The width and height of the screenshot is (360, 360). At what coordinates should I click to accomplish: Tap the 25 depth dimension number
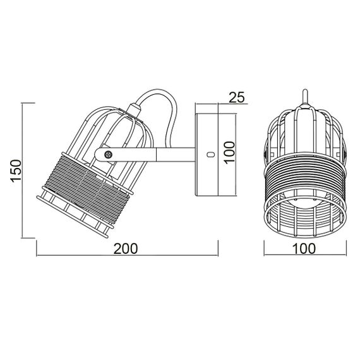click(236, 97)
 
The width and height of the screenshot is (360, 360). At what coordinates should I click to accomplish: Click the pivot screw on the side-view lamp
click(108, 153)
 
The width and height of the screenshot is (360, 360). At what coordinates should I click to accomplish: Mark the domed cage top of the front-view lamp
click(304, 126)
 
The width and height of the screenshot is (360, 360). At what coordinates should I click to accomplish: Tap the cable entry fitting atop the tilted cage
click(131, 114)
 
